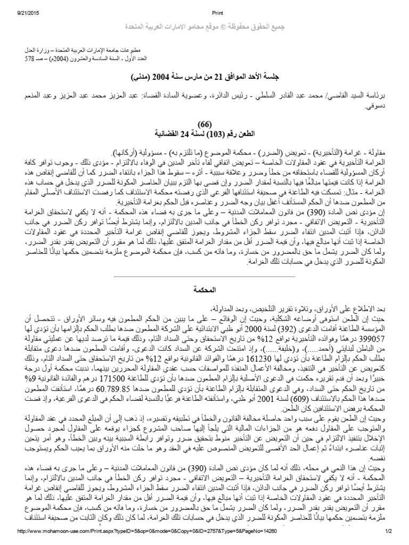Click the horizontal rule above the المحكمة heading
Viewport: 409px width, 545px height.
[204, 277]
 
